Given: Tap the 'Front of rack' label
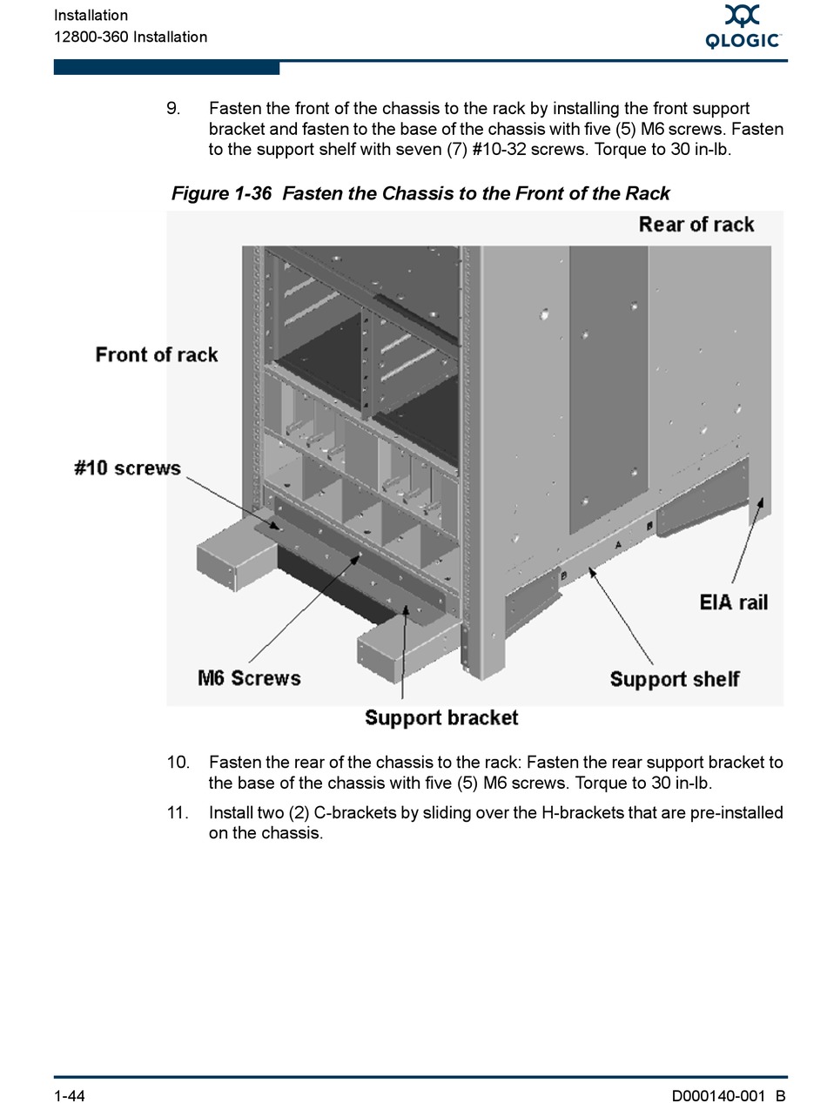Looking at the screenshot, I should tap(157, 354).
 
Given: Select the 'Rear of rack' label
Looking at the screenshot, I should tap(696, 225).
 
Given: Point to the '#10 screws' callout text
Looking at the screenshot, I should tap(127, 468).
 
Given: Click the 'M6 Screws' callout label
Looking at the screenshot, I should tap(249, 678).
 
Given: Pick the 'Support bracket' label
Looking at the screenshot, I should tap(441, 718).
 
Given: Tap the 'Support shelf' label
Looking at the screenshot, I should tap(675, 679).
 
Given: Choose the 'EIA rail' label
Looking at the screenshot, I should tap(734, 602).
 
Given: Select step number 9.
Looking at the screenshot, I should tap(173, 109).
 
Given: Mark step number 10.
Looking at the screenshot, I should tap(178, 763).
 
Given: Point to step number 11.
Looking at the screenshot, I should tap(178, 813).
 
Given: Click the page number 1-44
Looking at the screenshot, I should tap(70, 1095).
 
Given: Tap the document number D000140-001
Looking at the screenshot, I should tap(718, 1095).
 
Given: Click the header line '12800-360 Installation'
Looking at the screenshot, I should tap(131, 37).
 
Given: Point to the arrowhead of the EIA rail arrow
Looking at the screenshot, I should tap(764, 502).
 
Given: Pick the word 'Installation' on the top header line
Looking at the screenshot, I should tap(91, 16).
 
